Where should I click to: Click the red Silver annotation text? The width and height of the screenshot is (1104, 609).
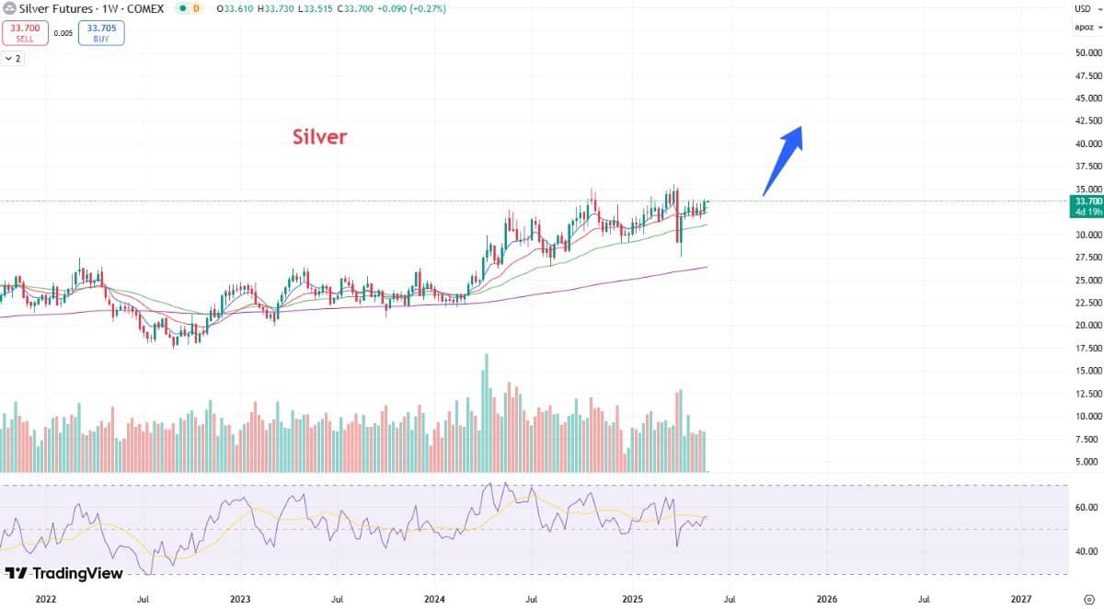(x=319, y=137)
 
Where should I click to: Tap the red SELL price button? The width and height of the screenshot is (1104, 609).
(x=25, y=33)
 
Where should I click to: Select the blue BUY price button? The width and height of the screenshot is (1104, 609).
(x=102, y=33)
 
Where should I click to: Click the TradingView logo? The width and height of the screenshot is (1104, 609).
(x=64, y=573)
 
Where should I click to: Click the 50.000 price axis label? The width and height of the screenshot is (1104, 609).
(x=1087, y=52)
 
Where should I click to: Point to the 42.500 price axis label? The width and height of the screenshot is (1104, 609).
(x=1087, y=121)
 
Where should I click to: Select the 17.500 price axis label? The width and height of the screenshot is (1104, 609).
(x=1087, y=348)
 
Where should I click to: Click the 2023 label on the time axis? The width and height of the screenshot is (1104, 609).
(x=240, y=598)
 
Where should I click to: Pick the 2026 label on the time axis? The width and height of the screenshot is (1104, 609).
(x=826, y=598)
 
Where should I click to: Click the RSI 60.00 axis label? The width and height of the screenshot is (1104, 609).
(x=1087, y=507)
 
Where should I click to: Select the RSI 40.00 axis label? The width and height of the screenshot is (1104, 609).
(x=1087, y=551)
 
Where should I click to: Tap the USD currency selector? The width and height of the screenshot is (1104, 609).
(x=1084, y=8)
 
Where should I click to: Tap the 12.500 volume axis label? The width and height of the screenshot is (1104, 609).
(x=1087, y=394)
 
